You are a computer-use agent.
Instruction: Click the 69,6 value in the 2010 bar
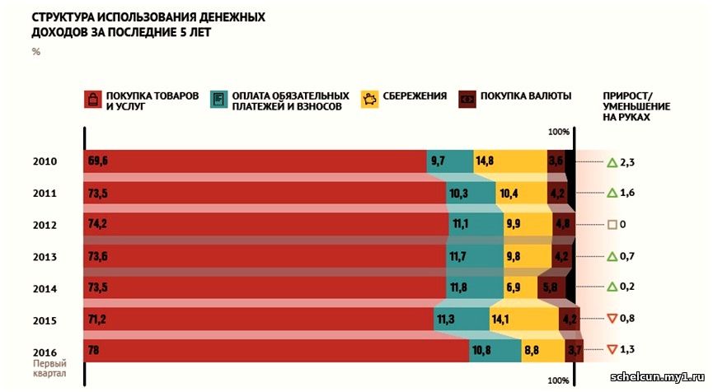coord(98,161)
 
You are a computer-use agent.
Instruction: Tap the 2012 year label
coord(45,225)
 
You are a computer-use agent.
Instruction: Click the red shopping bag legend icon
coord(92,100)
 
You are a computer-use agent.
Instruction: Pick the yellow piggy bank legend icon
coord(370,100)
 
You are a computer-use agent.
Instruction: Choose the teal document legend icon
coord(220,100)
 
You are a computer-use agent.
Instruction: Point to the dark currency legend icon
coord(467,99)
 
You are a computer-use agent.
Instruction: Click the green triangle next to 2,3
coord(612,162)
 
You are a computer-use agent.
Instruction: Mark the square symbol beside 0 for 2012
coord(612,225)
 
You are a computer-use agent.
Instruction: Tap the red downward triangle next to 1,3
coord(612,350)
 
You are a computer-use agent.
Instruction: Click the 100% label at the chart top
coord(559,132)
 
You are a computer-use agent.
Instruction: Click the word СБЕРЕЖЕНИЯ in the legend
coord(415,96)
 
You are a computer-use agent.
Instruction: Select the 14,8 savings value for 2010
coord(484,161)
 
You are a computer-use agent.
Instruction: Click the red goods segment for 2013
coord(264,256)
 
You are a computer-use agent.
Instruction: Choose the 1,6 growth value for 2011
coord(627,193)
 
